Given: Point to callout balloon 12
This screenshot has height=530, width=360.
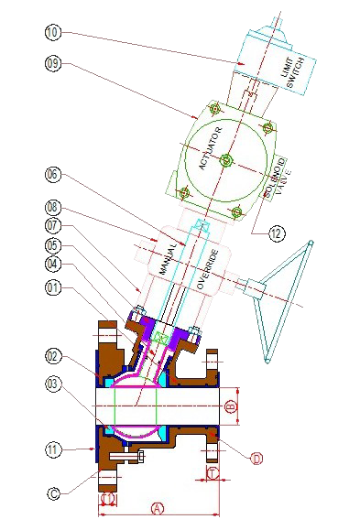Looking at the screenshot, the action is [x=277, y=233].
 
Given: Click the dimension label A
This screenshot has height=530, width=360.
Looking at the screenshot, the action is [x=157, y=506].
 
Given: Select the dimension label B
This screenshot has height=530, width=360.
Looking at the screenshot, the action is [x=232, y=403].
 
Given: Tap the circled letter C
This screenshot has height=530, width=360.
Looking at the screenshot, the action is [x=54, y=494].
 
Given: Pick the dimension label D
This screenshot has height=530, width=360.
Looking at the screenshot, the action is [x=256, y=458].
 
